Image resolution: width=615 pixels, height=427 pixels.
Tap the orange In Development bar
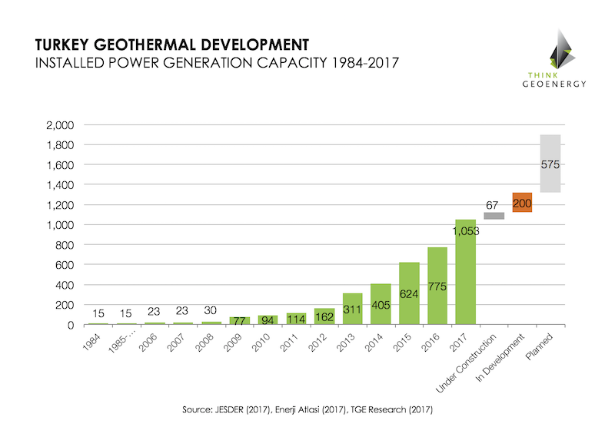[522, 202]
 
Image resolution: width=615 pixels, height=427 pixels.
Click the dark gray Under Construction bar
[494, 216]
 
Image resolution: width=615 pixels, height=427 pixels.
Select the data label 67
[494, 204]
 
